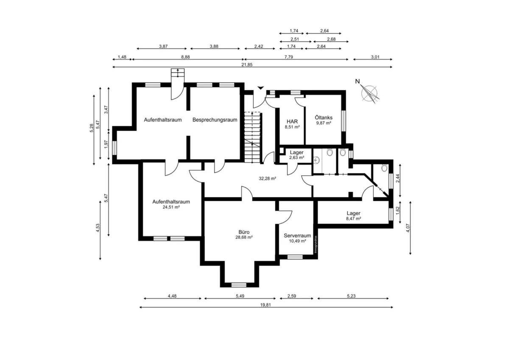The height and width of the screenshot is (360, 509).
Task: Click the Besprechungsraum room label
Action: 215,120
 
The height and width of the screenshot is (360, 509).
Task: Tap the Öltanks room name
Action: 324,118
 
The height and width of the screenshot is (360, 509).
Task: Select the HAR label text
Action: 292,122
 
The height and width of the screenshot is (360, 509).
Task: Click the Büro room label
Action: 244,232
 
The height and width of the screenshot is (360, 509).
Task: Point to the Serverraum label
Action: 297,236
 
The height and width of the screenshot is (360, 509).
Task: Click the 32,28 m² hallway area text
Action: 267,179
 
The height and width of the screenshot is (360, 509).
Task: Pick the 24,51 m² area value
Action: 171,207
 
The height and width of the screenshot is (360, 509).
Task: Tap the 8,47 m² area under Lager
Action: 354,219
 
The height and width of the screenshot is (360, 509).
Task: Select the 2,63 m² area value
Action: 296,157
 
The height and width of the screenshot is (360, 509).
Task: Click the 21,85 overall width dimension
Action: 247,65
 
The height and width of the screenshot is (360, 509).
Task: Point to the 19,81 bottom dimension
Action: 266,305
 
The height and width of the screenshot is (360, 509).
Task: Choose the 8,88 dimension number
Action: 185,57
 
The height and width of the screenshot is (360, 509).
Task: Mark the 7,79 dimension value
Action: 288,57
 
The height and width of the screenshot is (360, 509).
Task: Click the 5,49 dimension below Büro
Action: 240,296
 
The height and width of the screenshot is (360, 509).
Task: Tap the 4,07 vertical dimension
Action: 408,228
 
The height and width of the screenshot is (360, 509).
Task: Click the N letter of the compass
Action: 358,82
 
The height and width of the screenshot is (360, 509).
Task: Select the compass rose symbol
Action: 369,94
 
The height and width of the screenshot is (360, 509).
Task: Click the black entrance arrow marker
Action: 260,88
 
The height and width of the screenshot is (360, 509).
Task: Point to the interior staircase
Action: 252,138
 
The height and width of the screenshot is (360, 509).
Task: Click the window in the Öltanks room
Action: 344,121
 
